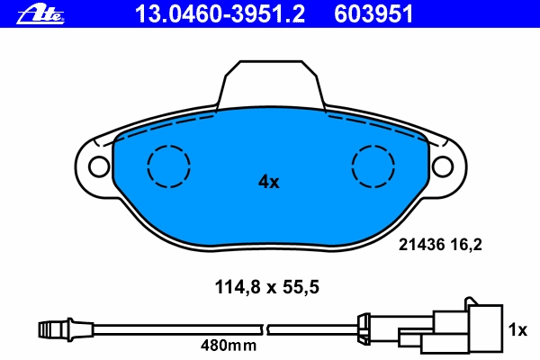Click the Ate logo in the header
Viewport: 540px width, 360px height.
pyautogui.click(x=40, y=15)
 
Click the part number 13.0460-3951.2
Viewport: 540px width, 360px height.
pyautogui.click(x=220, y=14)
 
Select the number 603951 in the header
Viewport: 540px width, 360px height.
pyautogui.click(x=373, y=14)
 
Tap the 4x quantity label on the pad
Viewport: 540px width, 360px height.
pyautogui.click(x=269, y=182)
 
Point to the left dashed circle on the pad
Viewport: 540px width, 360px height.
pyautogui.click(x=168, y=146)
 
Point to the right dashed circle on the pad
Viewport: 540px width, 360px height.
pyautogui.click(x=373, y=146)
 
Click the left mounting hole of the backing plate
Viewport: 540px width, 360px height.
pyautogui.click(x=99, y=166)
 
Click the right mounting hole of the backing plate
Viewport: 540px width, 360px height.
pyautogui.click(x=442, y=166)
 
